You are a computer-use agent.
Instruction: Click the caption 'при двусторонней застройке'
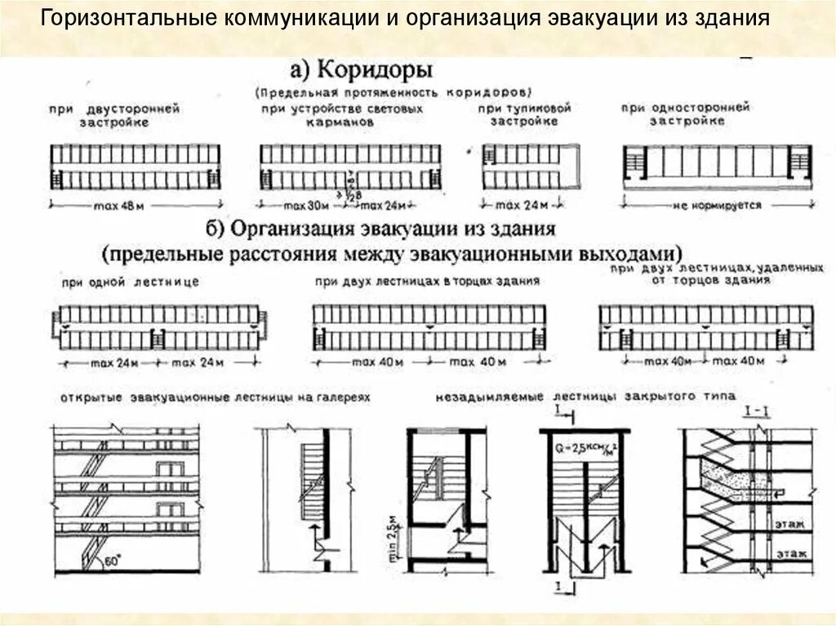113,114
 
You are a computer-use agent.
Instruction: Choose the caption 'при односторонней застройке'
686,113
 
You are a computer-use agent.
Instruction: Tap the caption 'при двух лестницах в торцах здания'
428,281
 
